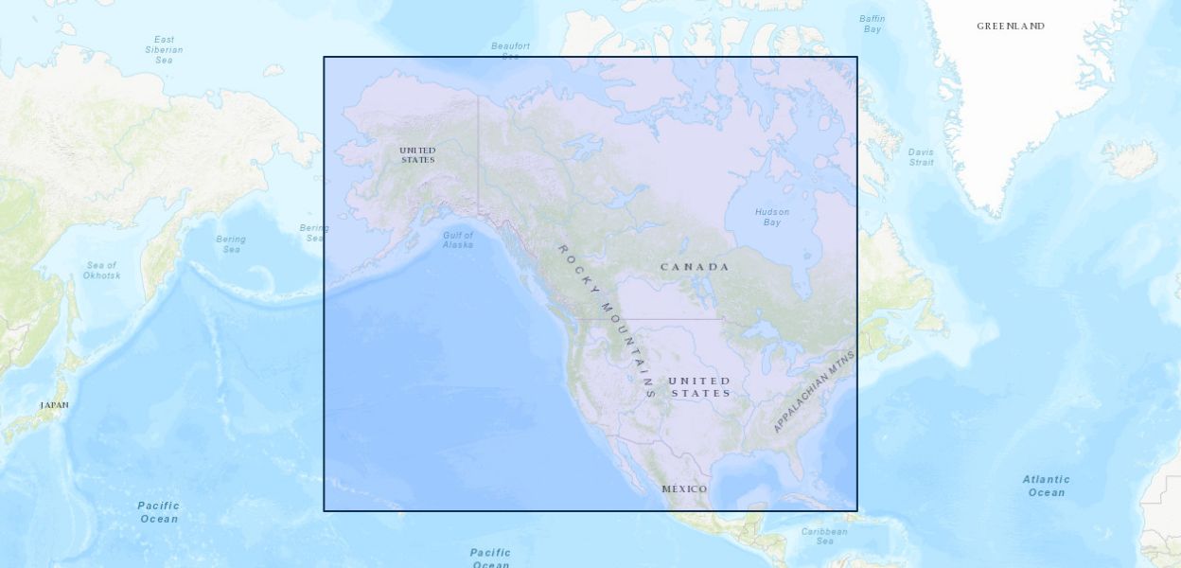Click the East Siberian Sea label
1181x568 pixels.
164,49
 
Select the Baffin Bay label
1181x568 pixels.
872,24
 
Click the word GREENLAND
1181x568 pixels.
1011,27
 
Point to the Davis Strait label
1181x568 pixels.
921,157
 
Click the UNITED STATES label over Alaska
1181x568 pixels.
417,155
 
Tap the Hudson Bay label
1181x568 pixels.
772,217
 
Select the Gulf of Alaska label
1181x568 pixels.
458,240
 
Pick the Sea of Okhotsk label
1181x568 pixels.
101,271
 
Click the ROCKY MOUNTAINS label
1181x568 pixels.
607,320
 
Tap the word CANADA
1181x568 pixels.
695,267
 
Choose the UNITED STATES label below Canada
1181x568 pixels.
700,387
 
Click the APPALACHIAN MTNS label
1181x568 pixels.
814,391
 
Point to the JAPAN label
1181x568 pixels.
54,405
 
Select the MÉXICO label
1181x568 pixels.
684,489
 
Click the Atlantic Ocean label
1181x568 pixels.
1046,486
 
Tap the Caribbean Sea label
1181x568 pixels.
824,536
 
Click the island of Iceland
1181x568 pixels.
1130,159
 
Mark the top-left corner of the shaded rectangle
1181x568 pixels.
324,57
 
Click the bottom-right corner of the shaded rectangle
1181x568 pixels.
857,511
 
